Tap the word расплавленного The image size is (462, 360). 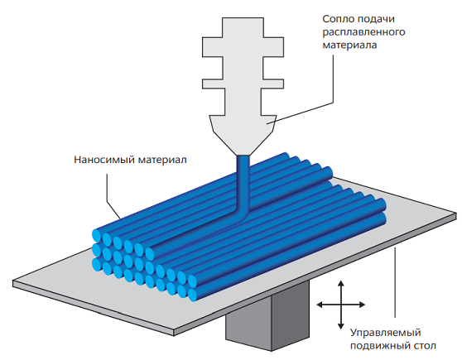[x=363, y=32]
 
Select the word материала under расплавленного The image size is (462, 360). [x=349, y=45]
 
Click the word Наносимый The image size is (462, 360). [x=104, y=160]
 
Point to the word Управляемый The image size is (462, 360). [x=385, y=333]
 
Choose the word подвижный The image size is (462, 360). [x=378, y=346]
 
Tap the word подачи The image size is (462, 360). [x=376, y=19]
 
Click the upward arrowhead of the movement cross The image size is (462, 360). [x=341, y=283]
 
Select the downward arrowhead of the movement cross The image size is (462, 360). [x=341, y=326]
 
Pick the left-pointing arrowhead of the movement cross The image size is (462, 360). [x=320, y=305]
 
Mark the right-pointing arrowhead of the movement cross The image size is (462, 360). [x=362, y=305]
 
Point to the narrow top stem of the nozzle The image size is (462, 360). [x=243, y=27]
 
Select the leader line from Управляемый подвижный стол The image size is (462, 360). [x=395, y=282]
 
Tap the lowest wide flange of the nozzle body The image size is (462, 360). [x=243, y=84]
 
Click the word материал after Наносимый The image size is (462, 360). [x=162, y=160]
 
